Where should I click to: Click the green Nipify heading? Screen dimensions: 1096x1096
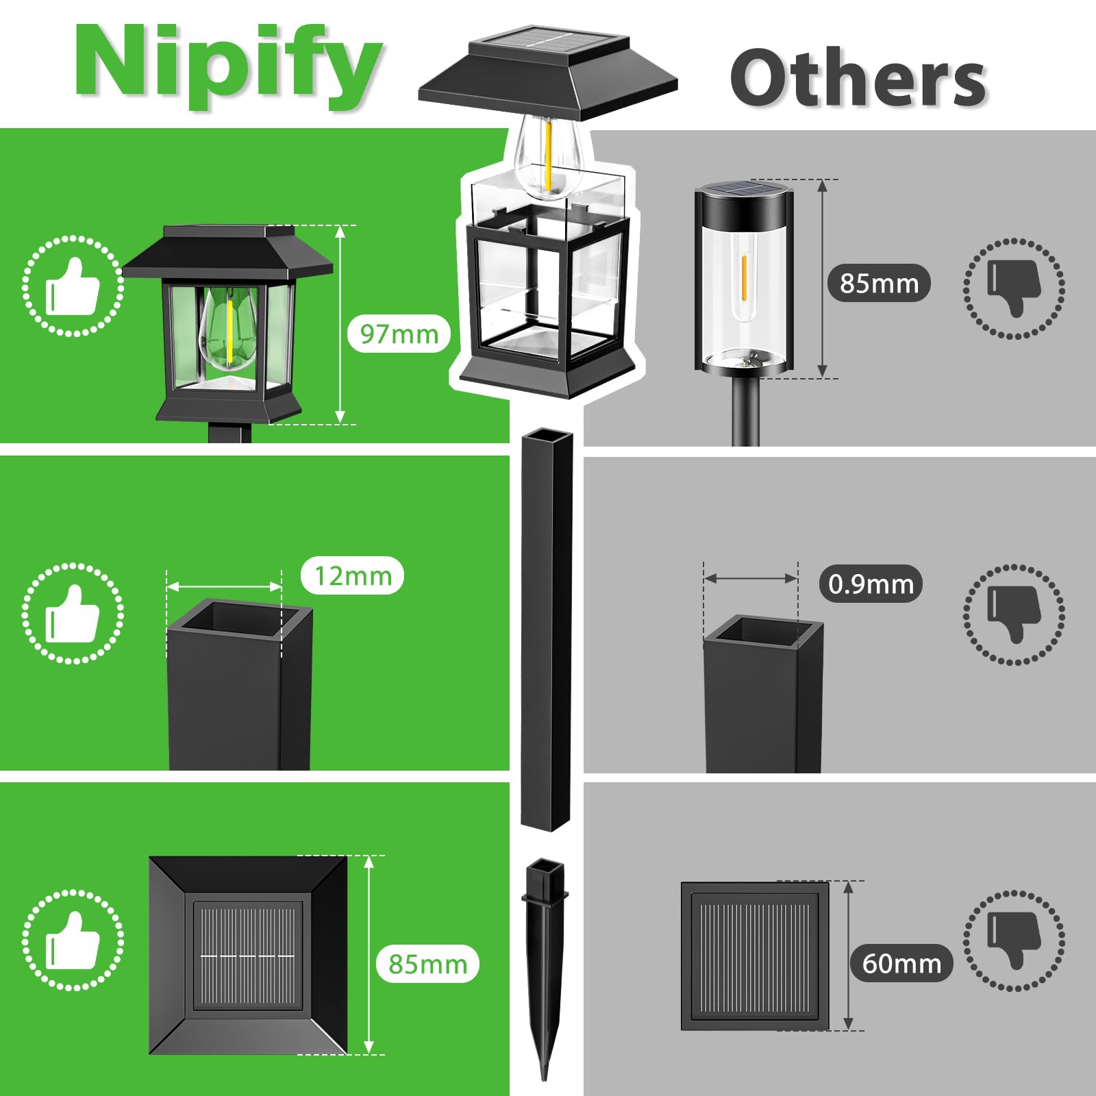(x=228, y=66)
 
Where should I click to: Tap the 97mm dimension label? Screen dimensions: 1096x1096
(x=399, y=334)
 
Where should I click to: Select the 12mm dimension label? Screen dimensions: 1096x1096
(x=353, y=575)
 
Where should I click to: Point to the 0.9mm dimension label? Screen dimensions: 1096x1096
(x=871, y=584)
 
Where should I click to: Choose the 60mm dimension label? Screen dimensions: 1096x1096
(x=901, y=963)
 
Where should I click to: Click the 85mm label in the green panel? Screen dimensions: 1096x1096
(x=427, y=964)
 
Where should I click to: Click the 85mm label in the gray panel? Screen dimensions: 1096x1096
(x=880, y=283)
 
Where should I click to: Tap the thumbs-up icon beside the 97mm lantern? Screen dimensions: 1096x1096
(x=73, y=286)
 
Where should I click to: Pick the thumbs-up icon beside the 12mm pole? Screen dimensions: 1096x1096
(x=73, y=613)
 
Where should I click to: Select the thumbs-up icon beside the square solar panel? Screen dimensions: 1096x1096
(x=73, y=940)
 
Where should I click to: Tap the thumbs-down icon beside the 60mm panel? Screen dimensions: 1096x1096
(x=1014, y=941)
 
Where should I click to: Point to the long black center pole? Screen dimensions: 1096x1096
(x=547, y=629)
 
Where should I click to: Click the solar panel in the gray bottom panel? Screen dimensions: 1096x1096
(x=755, y=956)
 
